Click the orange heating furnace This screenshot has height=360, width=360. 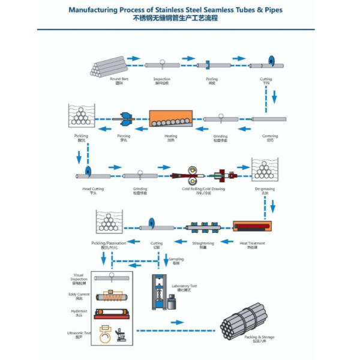pyautogui.click(x=170, y=119)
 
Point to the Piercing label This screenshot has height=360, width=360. pyautogui.click(x=123, y=136)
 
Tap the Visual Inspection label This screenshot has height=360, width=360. pyautogui.click(x=80, y=277)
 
